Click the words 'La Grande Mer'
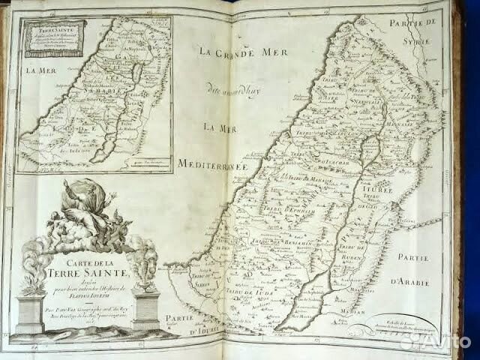tap(232, 52)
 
